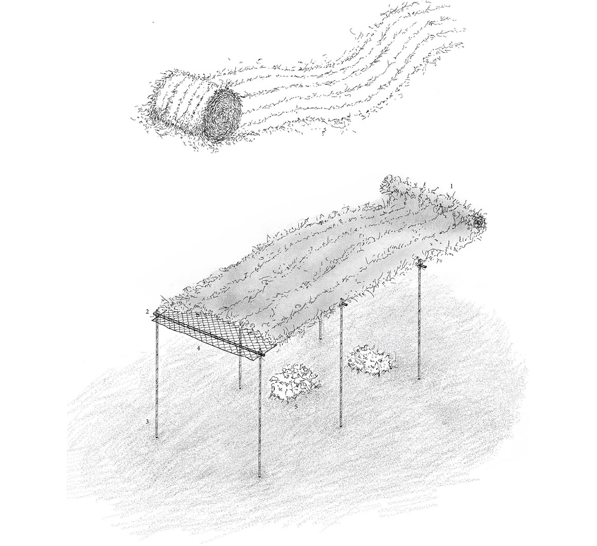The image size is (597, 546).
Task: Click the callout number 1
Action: tap(451, 186)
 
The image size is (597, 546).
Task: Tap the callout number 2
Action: tap(147, 312)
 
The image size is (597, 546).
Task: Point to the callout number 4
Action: tap(198, 348)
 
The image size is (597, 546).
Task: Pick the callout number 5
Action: tap(296, 406)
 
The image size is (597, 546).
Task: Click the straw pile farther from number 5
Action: tap(370, 359)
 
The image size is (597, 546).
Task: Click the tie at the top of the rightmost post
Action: tap(420, 263)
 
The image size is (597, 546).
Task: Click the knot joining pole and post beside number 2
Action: tap(155, 314)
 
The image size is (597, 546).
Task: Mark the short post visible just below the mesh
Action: tap(240, 373)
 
